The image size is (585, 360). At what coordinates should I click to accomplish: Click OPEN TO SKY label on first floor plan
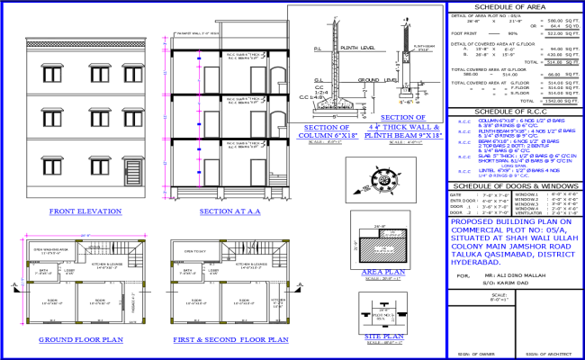[x=196, y=251]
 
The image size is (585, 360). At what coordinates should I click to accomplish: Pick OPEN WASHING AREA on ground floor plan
[x=52, y=250]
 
